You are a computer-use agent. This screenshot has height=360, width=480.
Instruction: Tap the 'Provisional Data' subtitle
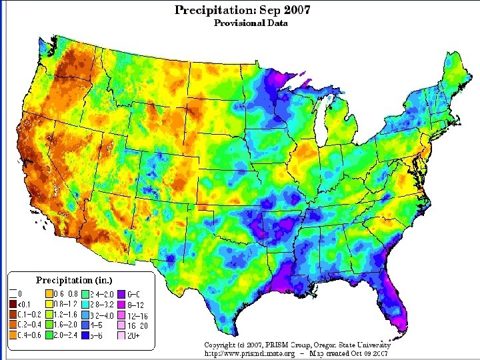click(250, 23)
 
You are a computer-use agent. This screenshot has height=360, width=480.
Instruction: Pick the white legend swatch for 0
click(13, 293)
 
